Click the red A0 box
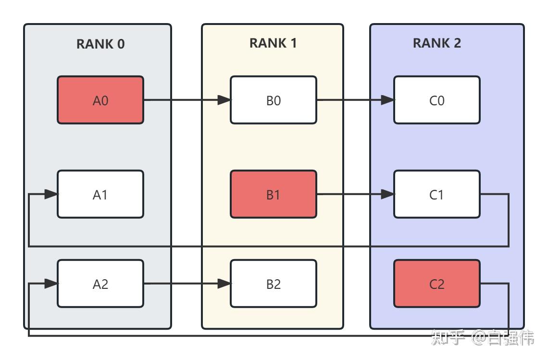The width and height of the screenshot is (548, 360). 100,100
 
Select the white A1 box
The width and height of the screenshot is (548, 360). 100,194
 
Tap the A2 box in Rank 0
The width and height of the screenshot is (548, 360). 100,284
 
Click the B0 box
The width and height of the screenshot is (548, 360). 273,100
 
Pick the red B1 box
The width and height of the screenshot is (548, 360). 273,194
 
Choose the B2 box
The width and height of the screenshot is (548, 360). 273,284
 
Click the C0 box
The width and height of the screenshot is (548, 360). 436,100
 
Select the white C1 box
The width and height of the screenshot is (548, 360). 436,194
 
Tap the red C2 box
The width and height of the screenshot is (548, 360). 436,284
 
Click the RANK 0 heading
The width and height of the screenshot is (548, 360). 100,44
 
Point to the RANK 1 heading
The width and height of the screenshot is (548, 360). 273,43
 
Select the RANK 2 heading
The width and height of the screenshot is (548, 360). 436,43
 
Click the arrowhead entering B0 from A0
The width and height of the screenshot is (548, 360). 224,100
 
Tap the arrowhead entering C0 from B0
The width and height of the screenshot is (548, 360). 387,100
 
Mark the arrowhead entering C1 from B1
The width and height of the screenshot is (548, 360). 387,194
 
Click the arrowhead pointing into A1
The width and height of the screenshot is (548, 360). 51,194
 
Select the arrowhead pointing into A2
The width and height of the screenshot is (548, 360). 51,284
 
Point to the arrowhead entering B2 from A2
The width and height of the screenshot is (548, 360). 224,284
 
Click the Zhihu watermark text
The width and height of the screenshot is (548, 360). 482,338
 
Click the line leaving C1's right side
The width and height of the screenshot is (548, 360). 495,194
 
